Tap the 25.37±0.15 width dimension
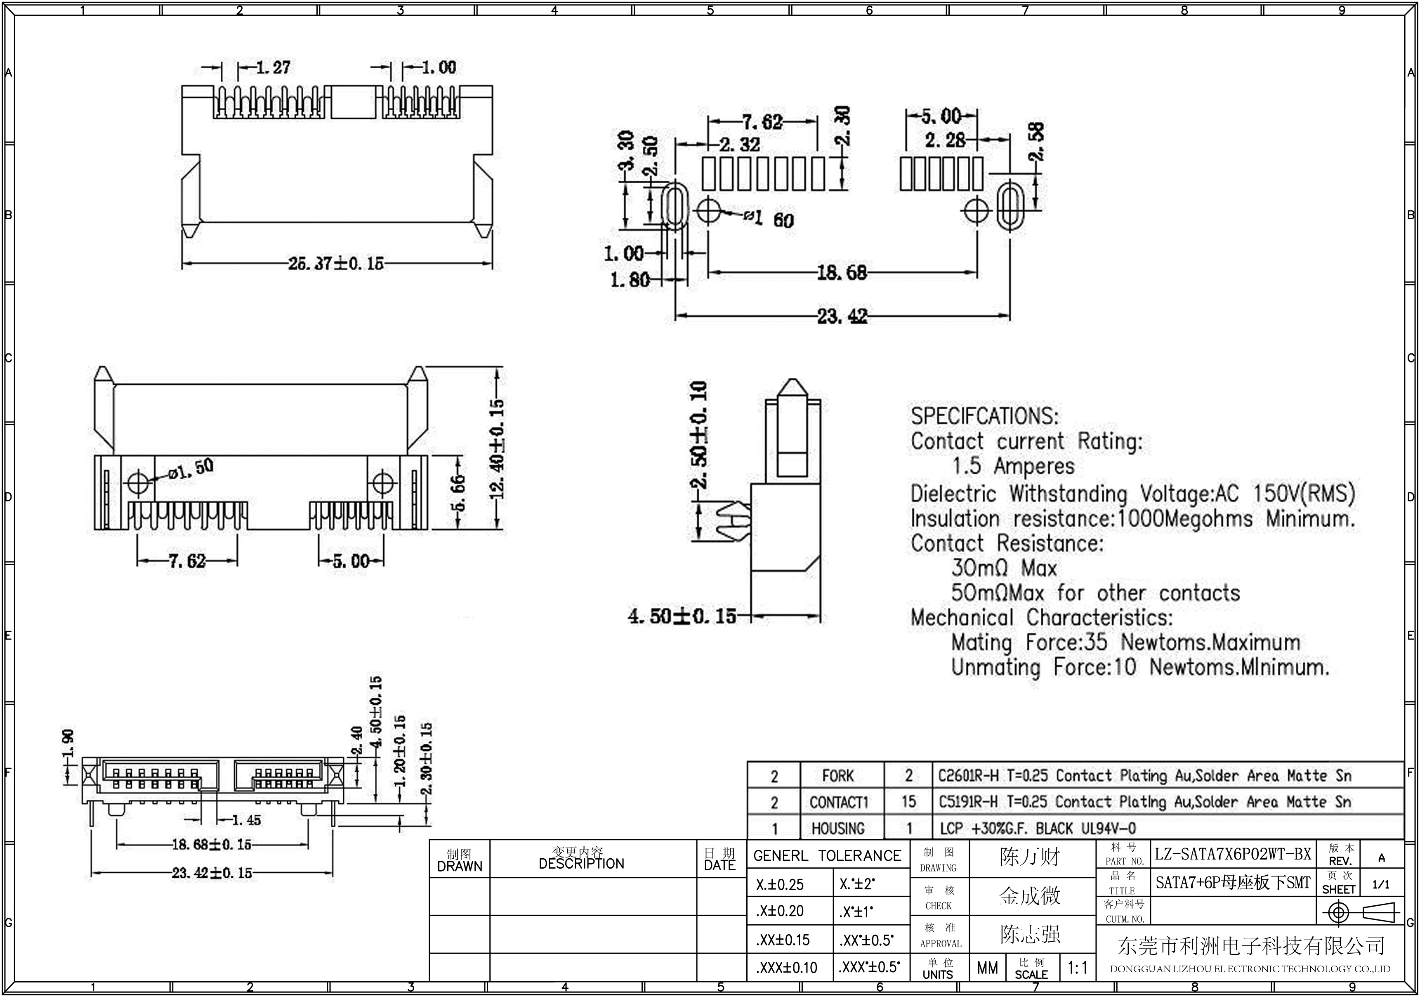336,264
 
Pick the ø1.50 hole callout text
192,469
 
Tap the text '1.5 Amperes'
1014,466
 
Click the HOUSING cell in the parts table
838,828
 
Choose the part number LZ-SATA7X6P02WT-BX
1233,854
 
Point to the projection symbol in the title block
1359,913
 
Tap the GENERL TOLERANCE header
828,856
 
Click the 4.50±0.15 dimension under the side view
682,616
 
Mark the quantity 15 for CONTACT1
908,802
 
